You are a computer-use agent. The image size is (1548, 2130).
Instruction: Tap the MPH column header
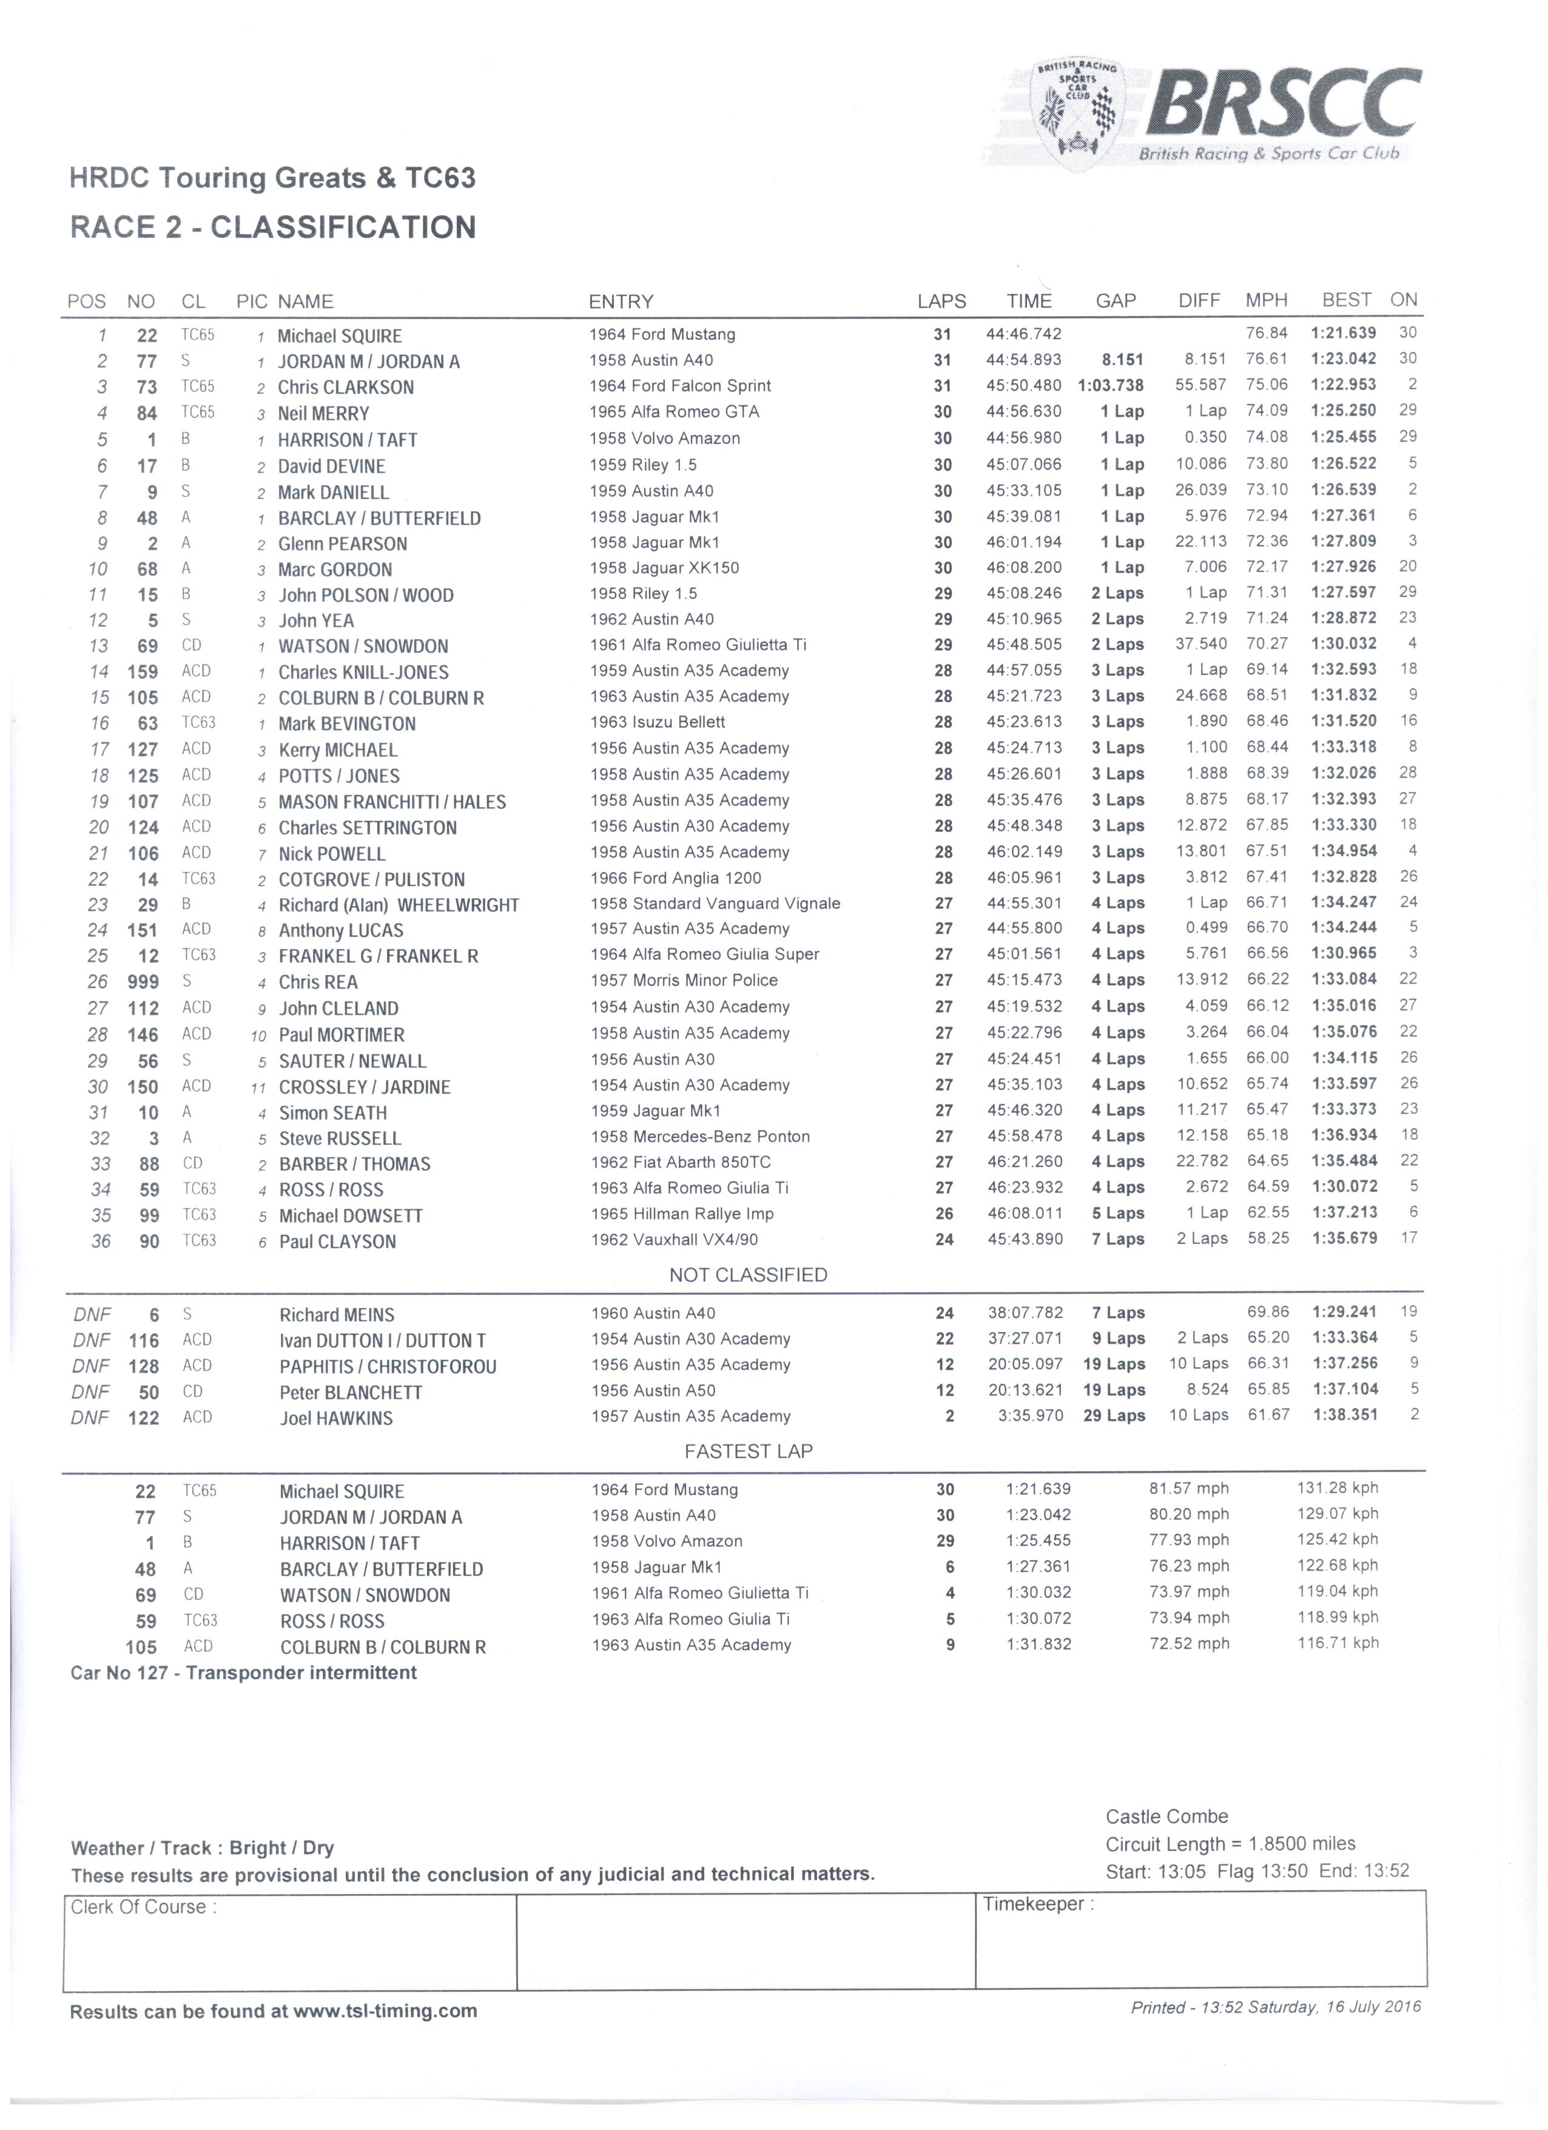point(1267,300)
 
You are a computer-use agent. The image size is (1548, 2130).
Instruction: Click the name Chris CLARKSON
point(346,387)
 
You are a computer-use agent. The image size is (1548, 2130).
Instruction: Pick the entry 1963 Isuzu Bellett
point(657,722)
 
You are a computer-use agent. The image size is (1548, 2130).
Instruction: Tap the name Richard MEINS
point(336,1315)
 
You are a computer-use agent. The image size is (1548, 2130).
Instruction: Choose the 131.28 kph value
point(1338,1489)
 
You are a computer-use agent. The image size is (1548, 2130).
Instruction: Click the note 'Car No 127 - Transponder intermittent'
point(243,1672)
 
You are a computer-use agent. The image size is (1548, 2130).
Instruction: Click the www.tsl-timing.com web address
point(385,2012)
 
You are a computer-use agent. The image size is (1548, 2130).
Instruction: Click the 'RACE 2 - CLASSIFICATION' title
point(273,228)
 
